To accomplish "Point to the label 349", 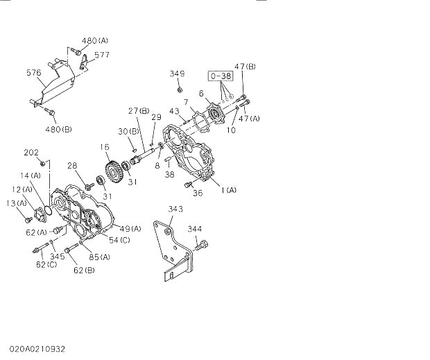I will [x=178, y=73].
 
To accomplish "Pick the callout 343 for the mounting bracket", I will [x=175, y=208].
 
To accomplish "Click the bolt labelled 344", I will [x=203, y=243].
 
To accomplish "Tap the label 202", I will [x=31, y=153].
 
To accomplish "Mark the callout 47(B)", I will [x=245, y=66].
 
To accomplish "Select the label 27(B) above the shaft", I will [x=138, y=111].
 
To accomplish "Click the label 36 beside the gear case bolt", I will [x=198, y=194].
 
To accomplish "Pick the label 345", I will [x=58, y=257].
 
